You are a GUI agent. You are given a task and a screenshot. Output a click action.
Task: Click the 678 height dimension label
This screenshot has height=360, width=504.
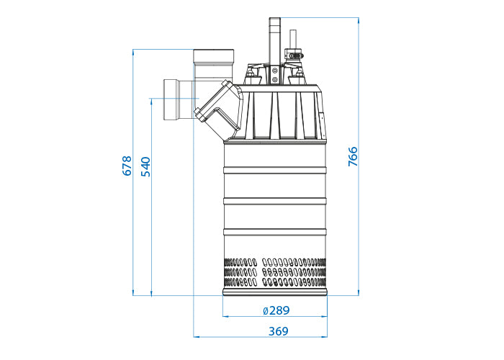pos(127,166)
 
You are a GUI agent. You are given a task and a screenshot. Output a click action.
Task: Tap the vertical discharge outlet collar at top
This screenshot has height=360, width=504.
pos(214,56)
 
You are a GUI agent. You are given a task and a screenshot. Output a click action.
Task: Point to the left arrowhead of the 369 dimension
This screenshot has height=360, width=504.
pos(196,336)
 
